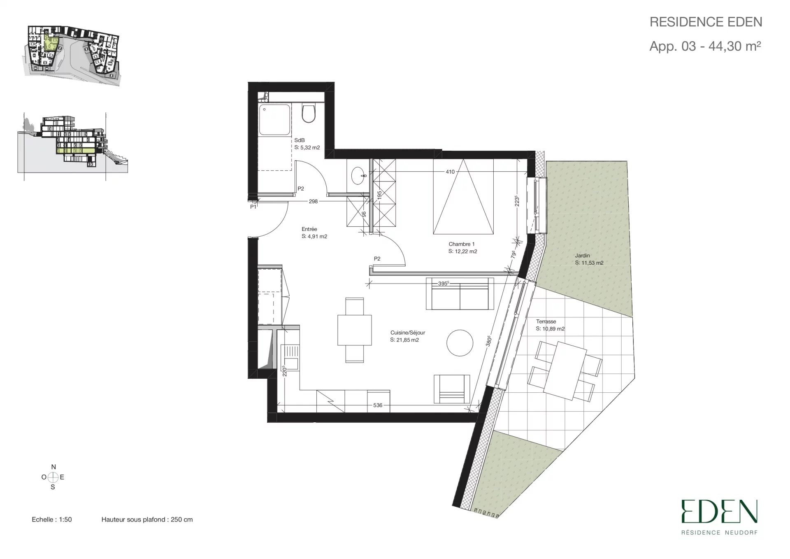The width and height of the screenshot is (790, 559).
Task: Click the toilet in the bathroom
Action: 308,112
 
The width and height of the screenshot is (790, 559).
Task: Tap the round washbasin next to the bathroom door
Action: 360,176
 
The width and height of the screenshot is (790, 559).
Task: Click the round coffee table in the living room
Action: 460,342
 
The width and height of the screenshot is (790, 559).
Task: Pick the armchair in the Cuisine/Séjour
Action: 452,389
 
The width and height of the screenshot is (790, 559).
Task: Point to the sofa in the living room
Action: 460,294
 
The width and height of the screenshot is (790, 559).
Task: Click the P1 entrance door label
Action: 253,207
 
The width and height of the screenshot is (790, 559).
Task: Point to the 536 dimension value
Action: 378,405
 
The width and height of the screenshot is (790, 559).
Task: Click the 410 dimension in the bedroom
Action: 450,172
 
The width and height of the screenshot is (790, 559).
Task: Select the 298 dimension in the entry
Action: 313,201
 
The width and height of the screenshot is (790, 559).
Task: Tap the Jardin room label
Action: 582,256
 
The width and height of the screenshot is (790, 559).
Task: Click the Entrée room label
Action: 309,229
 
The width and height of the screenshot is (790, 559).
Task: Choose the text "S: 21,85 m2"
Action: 404,340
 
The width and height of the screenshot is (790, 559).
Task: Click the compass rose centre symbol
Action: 53,477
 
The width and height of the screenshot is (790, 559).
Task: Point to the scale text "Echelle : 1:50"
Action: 52,519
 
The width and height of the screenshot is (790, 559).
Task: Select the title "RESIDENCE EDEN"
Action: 706,22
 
